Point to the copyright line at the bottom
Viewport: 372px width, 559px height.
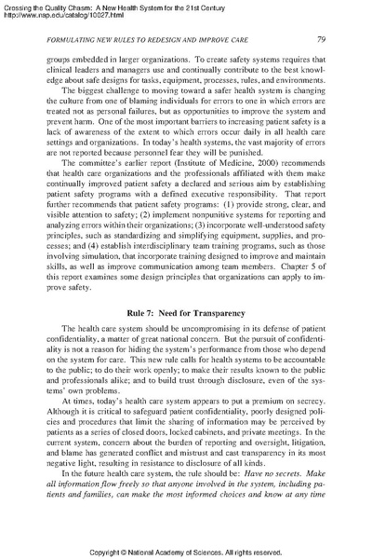(x=185, y=551)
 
